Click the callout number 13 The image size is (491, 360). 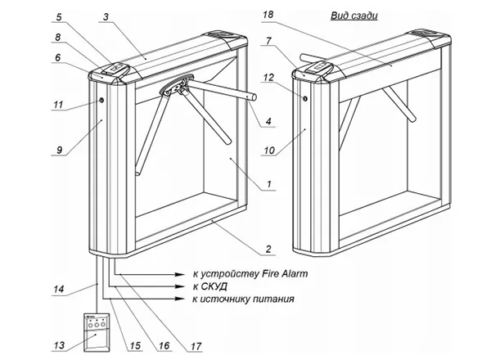[59, 345]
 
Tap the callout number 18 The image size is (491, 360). [268, 15]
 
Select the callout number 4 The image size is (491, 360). [268, 121]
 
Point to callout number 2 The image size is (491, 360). [268, 250]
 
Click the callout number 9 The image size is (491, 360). [59, 150]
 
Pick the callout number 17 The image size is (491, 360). [196, 346]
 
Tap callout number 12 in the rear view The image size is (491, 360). [268, 78]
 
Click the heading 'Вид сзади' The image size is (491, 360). [354, 16]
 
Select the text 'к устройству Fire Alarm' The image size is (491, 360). [250, 274]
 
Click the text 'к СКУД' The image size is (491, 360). [209, 286]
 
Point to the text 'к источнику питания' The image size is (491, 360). [244, 299]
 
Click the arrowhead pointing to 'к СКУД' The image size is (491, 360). [179, 286]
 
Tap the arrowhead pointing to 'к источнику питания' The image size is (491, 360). [179, 299]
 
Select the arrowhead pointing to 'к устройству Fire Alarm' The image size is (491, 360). [179, 274]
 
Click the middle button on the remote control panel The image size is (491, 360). [97, 325]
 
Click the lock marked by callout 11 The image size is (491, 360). [101, 100]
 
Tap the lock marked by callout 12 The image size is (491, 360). [305, 99]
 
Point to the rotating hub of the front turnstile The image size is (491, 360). [176, 85]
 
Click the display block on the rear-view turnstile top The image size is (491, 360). [321, 67]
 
